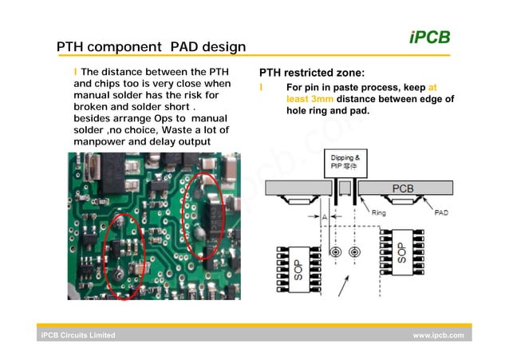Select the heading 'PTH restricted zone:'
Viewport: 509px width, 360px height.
tap(312, 73)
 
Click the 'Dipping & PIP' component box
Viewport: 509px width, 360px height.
tap(345, 164)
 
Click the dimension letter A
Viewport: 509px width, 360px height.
tap(324, 216)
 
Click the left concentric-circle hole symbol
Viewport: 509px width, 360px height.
tap(337, 253)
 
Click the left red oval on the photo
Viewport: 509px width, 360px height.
tap(123, 255)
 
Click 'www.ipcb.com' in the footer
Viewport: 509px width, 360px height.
tap(438, 335)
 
